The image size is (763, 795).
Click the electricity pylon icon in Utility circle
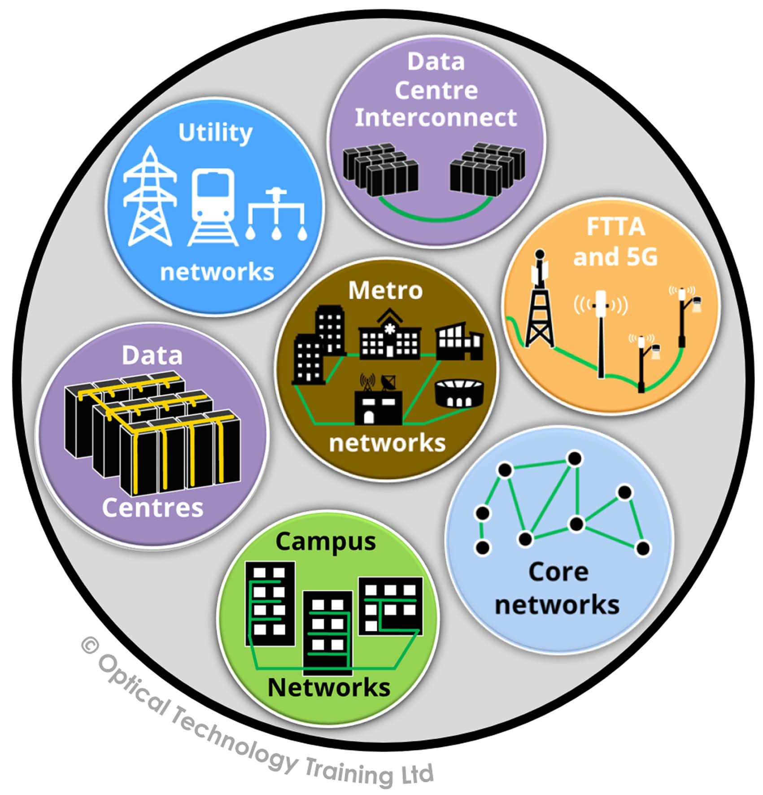tap(149, 197)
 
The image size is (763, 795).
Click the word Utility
tap(215, 133)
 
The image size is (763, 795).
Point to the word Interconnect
tap(436, 118)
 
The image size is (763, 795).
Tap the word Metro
tap(385, 291)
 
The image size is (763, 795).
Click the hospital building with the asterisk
tap(389, 336)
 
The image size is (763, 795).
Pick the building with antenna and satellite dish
tap(378, 402)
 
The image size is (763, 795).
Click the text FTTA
tap(615, 227)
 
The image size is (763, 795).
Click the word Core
tap(558, 572)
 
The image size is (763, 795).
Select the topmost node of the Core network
tap(575, 459)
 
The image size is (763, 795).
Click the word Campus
tap(326, 542)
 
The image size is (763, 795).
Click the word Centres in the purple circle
tap(153, 507)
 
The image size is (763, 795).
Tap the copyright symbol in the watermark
tap(90, 646)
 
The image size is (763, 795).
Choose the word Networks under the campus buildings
tap(329, 687)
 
